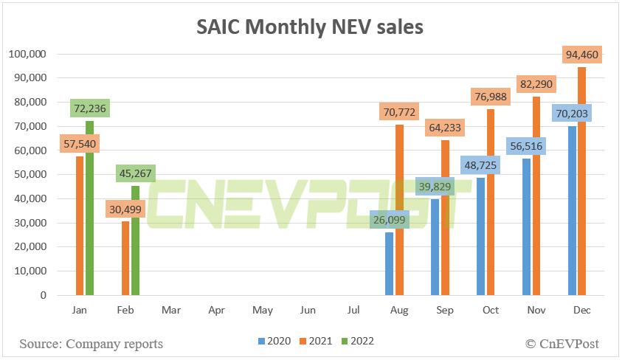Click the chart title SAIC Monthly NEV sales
310,27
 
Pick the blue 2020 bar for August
390,266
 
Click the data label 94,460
583,55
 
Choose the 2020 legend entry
274,342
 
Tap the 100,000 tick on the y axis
27,54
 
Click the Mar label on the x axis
171,311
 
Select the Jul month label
355,311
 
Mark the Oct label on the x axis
491,311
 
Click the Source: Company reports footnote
91,344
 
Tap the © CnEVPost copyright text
562,343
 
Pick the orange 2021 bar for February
125,258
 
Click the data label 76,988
491,97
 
